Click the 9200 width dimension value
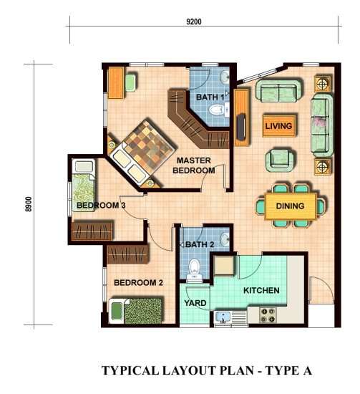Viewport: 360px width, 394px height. tap(194, 21)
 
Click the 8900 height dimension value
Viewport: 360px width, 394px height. tap(29, 204)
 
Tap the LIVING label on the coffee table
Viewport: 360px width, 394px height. tap(278, 126)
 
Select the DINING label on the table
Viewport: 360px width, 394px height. tap(290, 206)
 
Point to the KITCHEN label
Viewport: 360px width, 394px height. tap(261, 290)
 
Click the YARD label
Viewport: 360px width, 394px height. tap(195, 303)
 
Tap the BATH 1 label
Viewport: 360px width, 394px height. tap(210, 97)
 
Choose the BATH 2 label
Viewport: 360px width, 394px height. tap(200, 244)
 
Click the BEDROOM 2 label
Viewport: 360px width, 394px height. tap(138, 283)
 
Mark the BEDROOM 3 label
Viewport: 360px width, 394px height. tap(101, 206)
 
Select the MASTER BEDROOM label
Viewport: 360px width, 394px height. tap(193, 165)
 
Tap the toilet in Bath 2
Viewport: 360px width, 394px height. tap(194, 269)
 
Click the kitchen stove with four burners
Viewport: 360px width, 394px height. tap(268, 315)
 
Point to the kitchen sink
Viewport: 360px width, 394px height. tap(223, 317)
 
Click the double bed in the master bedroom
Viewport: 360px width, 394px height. tap(142, 151)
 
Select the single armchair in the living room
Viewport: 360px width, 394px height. tap(280, 160)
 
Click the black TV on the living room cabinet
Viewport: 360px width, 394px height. tap(241, 127)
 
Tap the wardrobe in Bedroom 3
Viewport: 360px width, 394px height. tap(92, 231)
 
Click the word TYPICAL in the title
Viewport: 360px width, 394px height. tap(130, 370)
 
